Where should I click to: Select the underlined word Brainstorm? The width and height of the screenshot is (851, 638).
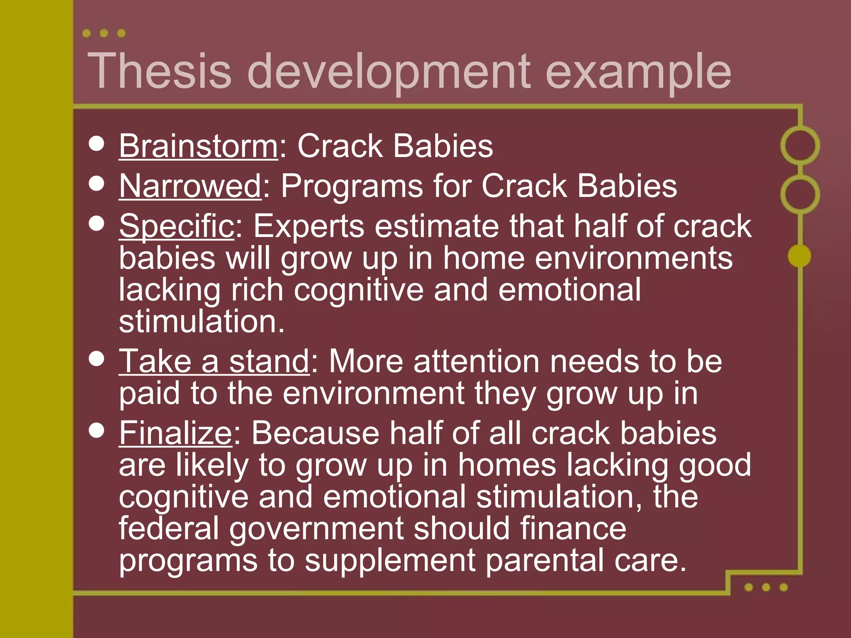(x=198, y=146)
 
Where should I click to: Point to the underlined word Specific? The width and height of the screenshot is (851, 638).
(x=177, y=226)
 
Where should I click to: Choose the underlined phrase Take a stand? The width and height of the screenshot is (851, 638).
(x=214, y=361)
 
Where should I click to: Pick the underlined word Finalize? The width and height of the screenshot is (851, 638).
(x=175, y=433)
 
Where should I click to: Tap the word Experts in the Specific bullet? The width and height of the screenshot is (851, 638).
(x=309, y=226)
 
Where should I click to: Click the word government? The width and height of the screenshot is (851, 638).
(x=316, y=529)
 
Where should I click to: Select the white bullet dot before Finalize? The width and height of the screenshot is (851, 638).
(x=96, y=431)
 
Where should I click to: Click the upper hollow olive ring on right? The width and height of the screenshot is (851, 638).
(x=800, y=145)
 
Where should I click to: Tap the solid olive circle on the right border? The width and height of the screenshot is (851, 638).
(x=799, y=255)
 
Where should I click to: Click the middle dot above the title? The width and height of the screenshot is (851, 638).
(x=104, y=33)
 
